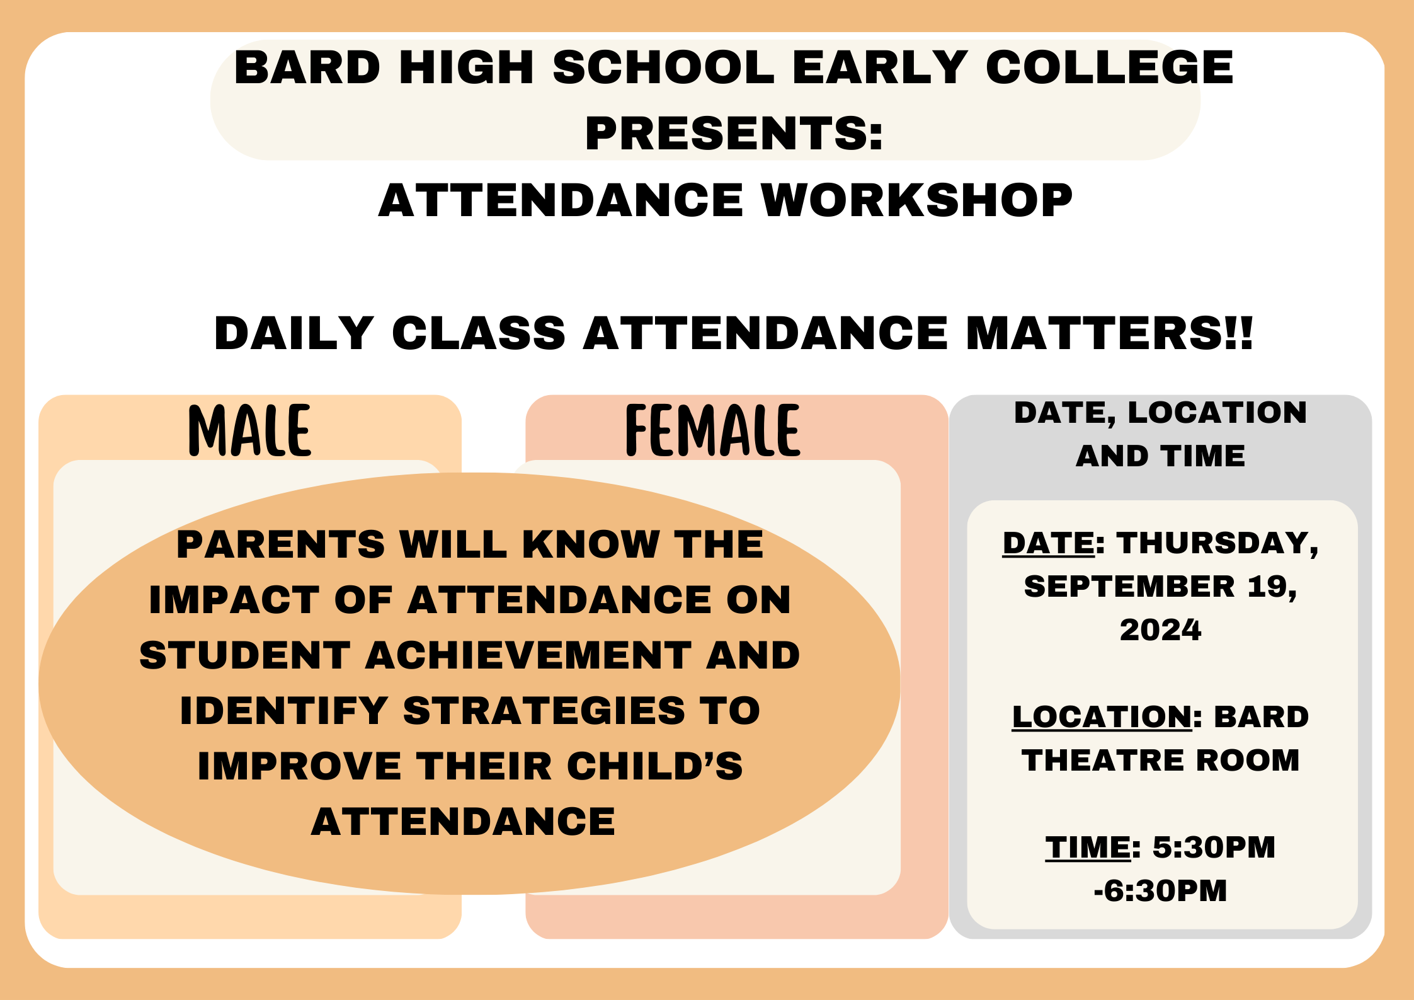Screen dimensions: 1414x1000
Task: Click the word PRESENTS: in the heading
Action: [734, 134]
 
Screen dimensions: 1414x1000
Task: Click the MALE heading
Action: [249, 430]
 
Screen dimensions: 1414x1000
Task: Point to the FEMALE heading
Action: [712, 430]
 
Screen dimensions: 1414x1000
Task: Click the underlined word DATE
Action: [1049, 543]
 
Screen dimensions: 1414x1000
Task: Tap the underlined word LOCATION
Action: [1102, 716]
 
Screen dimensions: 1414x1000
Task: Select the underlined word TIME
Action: [1088, 847]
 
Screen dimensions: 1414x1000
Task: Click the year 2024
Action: [1160, 630]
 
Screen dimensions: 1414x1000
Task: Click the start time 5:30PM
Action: [1214, 847]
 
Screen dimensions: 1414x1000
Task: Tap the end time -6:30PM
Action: [1160, 890]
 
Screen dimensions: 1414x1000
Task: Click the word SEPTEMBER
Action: [1129, 587]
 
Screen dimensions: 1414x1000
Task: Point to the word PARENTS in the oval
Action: [280, 544]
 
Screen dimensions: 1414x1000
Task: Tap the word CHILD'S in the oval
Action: [655, 766]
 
